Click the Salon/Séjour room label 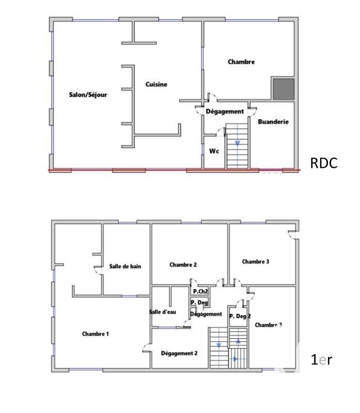click(x=88, y=94)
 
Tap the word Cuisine click(x=156, y=85)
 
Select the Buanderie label click(x=273, y=122)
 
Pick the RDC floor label click(x=324, y=164)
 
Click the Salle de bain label click(x=125, y=266)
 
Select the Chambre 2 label click(x=183, y=265)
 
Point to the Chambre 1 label click(x=96, y=334)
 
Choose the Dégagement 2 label click(x=179, y=353)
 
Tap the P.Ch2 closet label click(x=200, y=292)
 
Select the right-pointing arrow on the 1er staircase click(x=236, y=358)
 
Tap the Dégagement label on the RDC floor click(x=224, y=112)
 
